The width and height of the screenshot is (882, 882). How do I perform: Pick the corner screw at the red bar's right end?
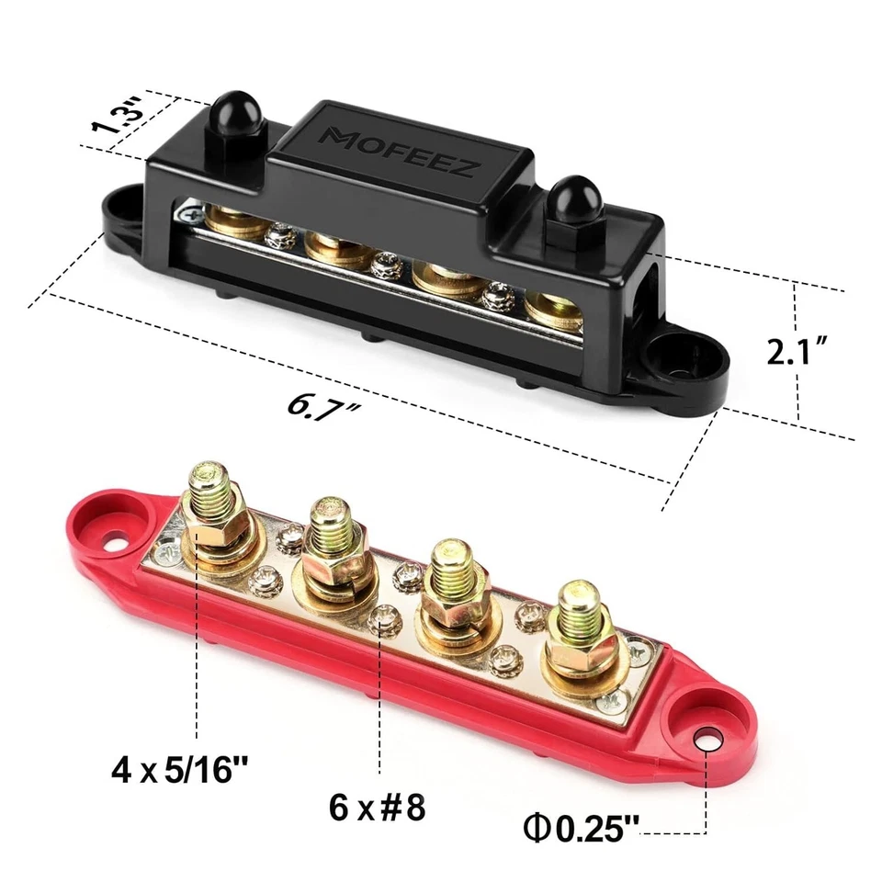(611, 701)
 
